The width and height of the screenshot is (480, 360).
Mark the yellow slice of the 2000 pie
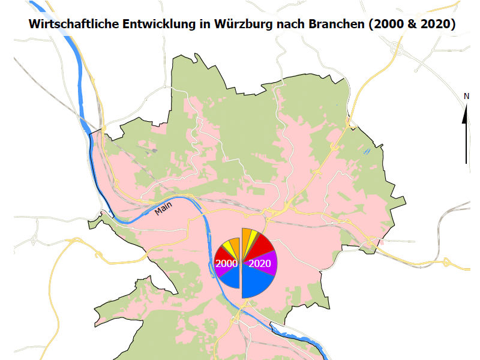[229, 245]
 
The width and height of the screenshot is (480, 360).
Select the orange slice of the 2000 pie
[235, 244]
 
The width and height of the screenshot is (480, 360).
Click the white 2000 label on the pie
[226, 263]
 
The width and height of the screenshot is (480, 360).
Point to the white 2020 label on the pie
[259, 263]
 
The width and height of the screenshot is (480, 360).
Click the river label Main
[163, 208]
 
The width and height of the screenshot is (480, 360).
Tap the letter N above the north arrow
[466, 96]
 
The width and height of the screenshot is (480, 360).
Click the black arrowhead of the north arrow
[466, 113]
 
